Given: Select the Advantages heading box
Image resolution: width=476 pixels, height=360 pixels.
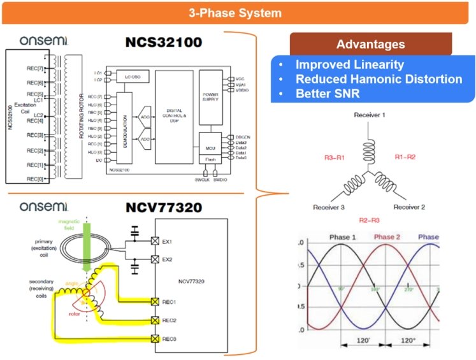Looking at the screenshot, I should click(x=370, y=45).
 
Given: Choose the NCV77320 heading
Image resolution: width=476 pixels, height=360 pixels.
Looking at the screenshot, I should click(x=163, y=206).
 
